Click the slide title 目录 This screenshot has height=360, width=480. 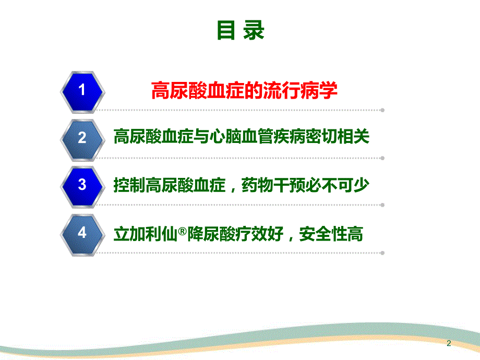click(x=241, y=31)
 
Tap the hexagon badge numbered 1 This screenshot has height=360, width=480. click(x=81, y=90)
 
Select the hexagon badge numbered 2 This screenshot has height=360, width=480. click(x=81, y=138)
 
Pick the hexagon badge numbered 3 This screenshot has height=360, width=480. click(x=81, y=185)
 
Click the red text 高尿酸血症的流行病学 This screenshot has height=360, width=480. click(x=244, y=91)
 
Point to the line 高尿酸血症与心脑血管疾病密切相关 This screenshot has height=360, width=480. click(x=242, y=137)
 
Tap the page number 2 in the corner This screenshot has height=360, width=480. click(x=449, y=343)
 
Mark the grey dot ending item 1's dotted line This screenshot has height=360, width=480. click(x=382, y=110)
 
